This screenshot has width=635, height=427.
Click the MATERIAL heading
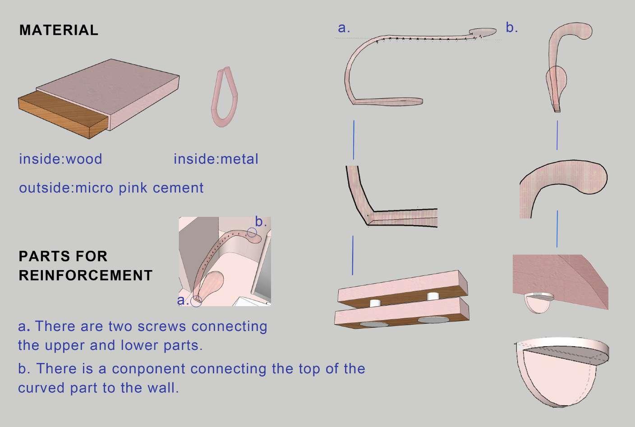59,30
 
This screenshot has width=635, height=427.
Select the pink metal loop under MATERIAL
225,97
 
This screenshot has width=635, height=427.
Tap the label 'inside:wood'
60,159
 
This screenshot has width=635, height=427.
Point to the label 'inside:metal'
216,159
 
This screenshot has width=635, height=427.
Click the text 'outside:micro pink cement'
111,188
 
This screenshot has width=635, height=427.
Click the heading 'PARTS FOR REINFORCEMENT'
85,266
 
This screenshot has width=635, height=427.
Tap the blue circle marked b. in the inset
252,233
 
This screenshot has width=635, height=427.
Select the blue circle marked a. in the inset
196,301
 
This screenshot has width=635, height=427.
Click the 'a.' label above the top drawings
344,28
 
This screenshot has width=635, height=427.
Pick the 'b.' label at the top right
511,28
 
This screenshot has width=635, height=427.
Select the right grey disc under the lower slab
434,320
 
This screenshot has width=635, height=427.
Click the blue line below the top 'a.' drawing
354,139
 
